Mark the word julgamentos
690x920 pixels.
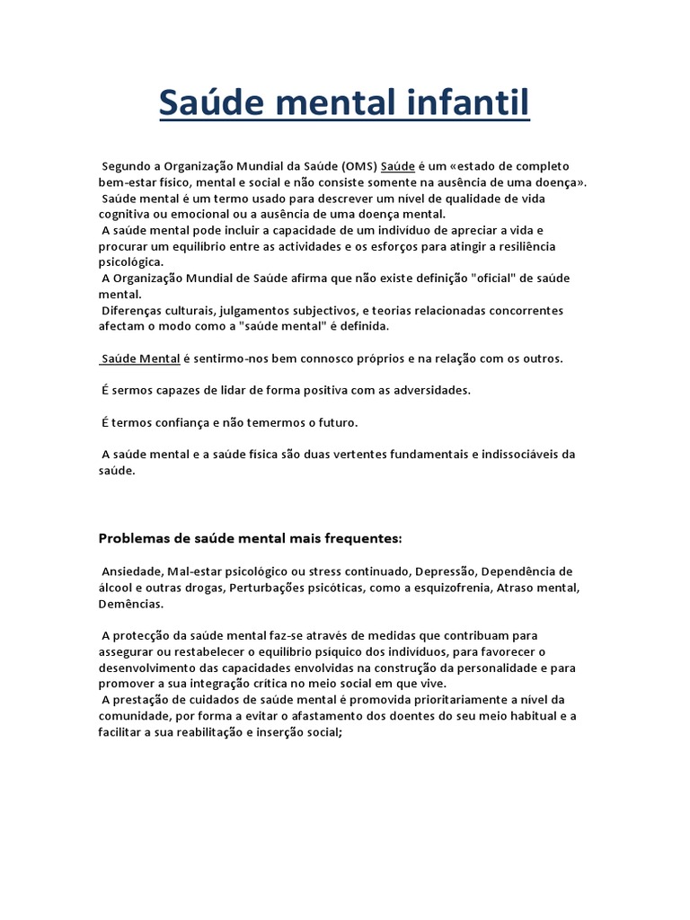pyautogui.click(x=255, y=311)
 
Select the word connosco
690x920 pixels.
pyautogui.click(x=314, y=358)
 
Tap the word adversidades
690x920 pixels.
pyautogui.click(x=421, y=390)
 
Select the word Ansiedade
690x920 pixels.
pyautogui.click(x=132, y=571)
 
